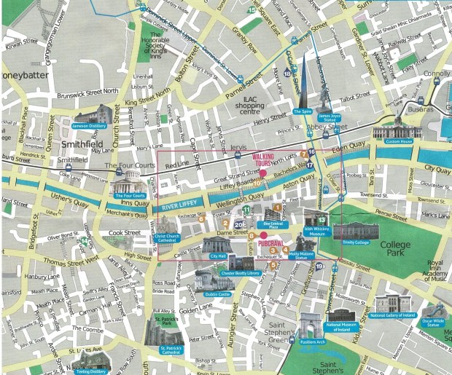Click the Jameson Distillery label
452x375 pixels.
click(91, 125)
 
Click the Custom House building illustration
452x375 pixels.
click(398, 132)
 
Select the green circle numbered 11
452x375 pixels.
click(246, 210)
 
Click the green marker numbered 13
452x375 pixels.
click(322, 220)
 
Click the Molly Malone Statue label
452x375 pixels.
click(301, 255)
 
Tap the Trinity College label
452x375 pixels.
click(353, 242)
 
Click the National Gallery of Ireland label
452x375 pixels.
click(392, 315)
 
